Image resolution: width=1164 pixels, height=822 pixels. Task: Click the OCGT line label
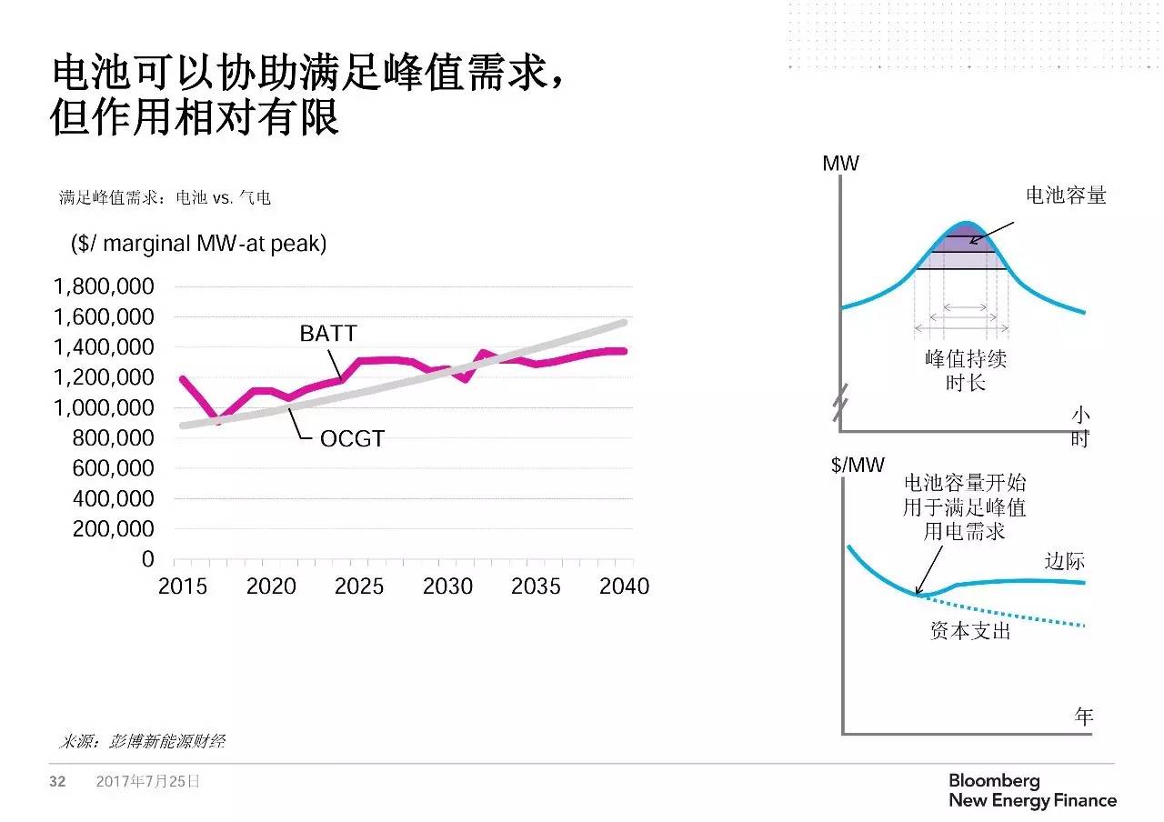[352, 439]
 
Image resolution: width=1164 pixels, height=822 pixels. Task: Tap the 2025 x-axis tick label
[358, 586]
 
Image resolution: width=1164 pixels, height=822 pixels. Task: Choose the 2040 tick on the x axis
[625, 586]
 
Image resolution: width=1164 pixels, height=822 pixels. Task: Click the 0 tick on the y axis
[147, 559]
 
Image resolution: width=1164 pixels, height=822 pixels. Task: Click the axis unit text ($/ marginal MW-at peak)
[198, 244]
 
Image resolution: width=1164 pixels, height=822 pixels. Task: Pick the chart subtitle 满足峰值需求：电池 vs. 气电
[165, 197]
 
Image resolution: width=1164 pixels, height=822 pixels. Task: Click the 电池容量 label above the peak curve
[1066, 195]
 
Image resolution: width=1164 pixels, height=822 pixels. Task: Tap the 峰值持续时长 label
[965, 370]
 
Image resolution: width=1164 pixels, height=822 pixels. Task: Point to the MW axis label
[840, 164]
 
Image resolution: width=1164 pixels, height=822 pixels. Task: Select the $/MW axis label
[857, 466]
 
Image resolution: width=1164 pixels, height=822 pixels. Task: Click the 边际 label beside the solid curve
[1065, 561]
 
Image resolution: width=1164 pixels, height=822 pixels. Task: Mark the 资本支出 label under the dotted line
[970, 630]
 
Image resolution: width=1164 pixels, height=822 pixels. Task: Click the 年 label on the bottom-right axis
[1083, 717]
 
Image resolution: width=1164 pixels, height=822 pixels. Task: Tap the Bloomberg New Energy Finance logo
[1032, 791]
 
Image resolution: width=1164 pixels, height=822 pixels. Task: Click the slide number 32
[57, 781]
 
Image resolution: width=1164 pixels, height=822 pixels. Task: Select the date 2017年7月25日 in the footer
[147, 781]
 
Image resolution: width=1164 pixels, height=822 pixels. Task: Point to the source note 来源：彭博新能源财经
[142, 741]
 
